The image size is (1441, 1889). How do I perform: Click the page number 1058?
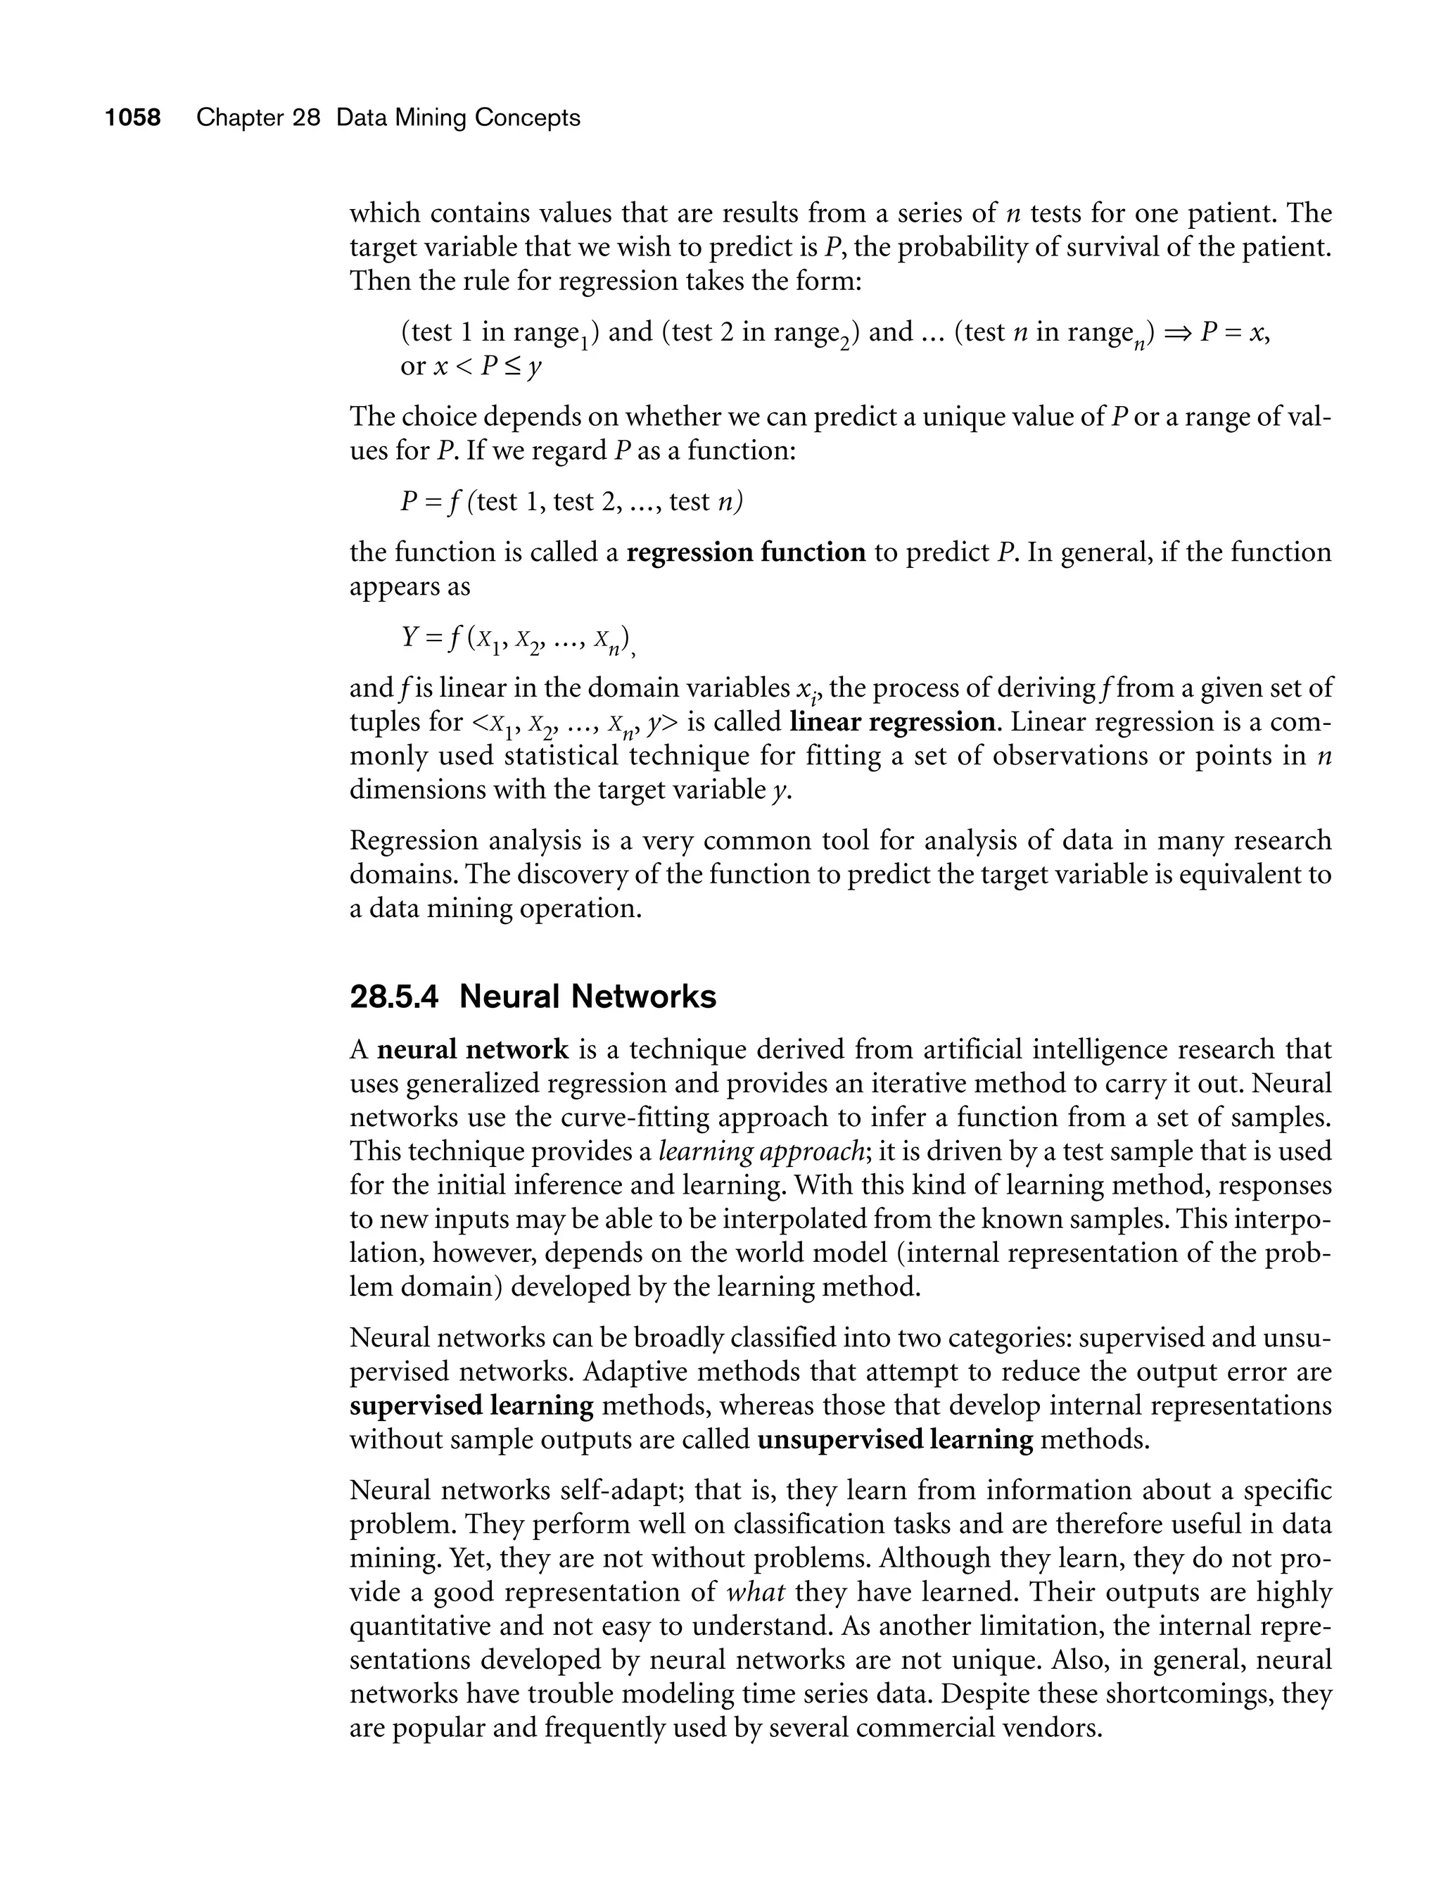pos(133,118)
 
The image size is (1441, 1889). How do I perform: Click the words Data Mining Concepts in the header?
pos(458,118)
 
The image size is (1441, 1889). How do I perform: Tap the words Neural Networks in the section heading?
pos(588,997)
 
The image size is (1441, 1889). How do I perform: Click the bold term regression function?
pos(747,552)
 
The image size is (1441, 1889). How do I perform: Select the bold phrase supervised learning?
pos(471,1406)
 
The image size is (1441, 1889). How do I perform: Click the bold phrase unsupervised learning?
pos(896,1439)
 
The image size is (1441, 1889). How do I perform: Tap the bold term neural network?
pos(473,1049)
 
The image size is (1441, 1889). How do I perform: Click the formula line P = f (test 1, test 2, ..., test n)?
pos(571,502)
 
